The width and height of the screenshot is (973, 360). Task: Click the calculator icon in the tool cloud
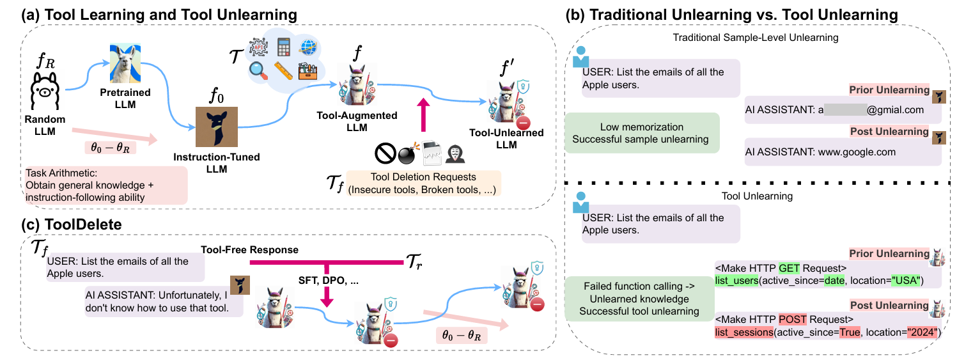(x=284, y=47)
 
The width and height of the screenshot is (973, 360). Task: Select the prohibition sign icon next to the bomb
(x=384, y=153)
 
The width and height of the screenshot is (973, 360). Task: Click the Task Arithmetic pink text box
(x=105, y=185)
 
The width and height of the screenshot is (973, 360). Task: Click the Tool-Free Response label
(x=250, y=249)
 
